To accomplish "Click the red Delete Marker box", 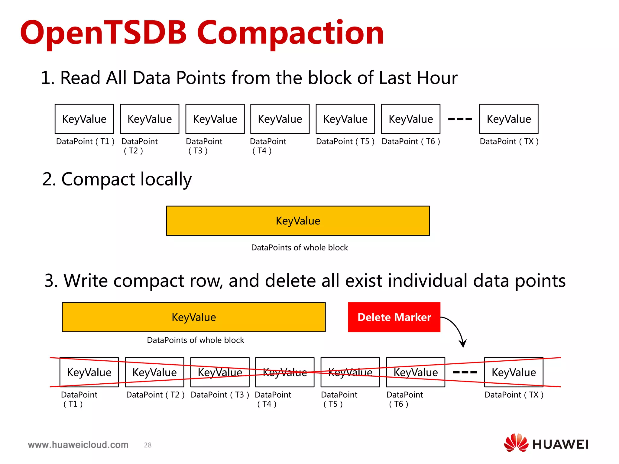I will [394, 317].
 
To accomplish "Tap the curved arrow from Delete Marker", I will [457, 329].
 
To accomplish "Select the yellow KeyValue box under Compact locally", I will [298, 221].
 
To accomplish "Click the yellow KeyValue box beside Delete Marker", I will [194, 317].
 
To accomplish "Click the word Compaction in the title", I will [290, 33].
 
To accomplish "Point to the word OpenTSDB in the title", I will [103, 33].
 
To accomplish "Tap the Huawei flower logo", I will [516, 443].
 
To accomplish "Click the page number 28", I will [147, 445].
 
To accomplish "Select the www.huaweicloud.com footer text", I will [78, 445].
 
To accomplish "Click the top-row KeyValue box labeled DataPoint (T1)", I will [84, 119].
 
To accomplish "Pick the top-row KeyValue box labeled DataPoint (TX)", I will [509, 119].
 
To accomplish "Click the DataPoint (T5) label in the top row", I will [345, 141].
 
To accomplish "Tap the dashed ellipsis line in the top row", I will [460, 119].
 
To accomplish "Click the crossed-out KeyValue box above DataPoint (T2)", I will [154, 372].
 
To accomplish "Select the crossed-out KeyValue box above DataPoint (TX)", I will [514, 372].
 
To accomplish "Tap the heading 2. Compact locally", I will [117, 179].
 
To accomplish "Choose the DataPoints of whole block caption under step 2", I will [299, 248].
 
